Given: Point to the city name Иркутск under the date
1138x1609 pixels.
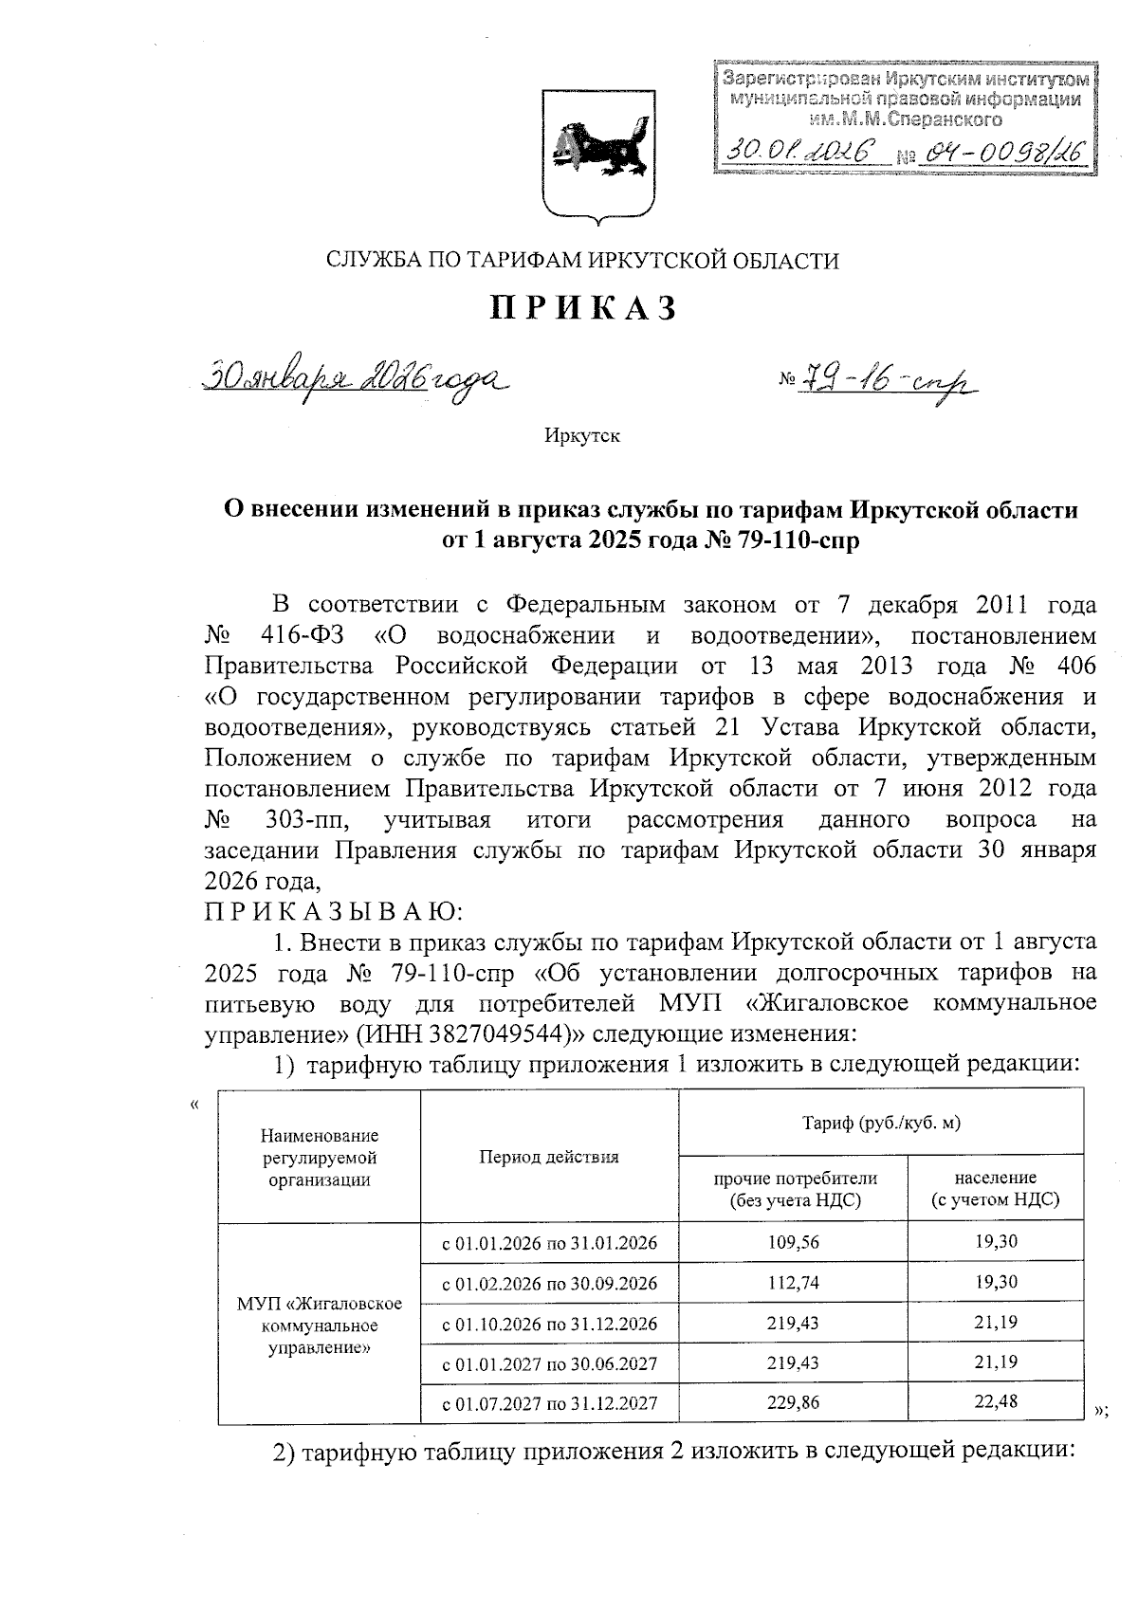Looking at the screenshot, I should pyautogui.click(x=581, y=436).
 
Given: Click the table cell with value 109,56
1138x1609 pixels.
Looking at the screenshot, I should pyautogui.click(x=793, y=1242).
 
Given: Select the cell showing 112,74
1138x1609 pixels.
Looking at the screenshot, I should pyautogui.click(x=793, y=1283).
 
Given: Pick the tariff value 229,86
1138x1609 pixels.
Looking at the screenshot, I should pyautogui.click(x=793, y=1402).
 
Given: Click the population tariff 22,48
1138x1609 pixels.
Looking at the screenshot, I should pyautogui.click(x=995, y=1401).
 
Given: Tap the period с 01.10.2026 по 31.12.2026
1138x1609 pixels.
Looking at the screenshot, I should pyautogui.click(x=549, y=1323).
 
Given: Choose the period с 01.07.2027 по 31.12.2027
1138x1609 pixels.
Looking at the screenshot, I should pyautogui.click(x=549, y=1403).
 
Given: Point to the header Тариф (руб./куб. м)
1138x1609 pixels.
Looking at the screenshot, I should pyautogui.click(x=881, y=1124).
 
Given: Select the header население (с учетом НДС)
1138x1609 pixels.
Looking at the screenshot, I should pyautogui.click(x=995, y=1189).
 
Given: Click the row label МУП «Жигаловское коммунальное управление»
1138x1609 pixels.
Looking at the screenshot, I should pyautogui.click(x=319, y=1324).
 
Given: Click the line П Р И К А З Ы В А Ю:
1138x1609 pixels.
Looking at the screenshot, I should pyautogui.click(x=334, y=912).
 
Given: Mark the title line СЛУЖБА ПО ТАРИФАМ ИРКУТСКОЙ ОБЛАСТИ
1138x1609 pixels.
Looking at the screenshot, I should pyautogui.click(x=582, y=260).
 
